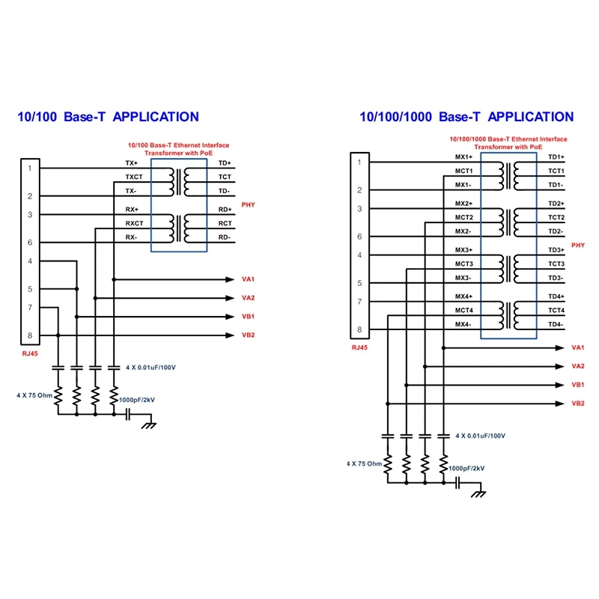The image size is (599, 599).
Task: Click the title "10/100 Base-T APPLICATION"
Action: (x=108, y=117)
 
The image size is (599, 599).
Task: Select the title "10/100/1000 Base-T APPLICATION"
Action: (x=466, y=117)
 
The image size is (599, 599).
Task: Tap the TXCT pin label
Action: (x=134, y=177)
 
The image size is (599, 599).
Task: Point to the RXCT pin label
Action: (x=134, y=223)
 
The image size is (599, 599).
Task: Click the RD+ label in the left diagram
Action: (x=225, y=209)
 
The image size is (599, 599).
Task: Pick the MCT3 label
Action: (x=464, y=264)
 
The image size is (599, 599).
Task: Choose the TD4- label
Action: (x=555, y=324)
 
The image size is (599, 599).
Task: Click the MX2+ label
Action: (x=464, y=204)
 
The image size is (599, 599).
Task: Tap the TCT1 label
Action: (x=556, y=171)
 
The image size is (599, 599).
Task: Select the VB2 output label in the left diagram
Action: (x=249, y=335)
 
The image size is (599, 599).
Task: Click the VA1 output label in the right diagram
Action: (x=577, y=347)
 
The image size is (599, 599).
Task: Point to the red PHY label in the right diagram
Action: (x=578, y=245)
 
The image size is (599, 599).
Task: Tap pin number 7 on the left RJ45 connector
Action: (x=30, y=307)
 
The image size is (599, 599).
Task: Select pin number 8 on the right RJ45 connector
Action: (x=359, y=329)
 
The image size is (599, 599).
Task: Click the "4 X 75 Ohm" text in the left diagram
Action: (x=34, y=394)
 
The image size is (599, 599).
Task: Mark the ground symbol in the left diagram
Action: (x=148, y=425)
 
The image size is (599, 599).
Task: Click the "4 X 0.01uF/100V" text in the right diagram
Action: (x=481, y=435)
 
